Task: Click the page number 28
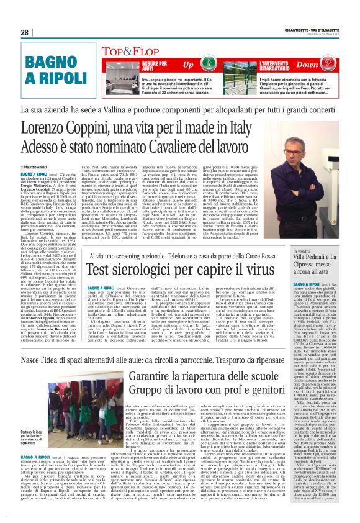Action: [x=25, y=32]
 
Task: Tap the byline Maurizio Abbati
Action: [x=40, y=166]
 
